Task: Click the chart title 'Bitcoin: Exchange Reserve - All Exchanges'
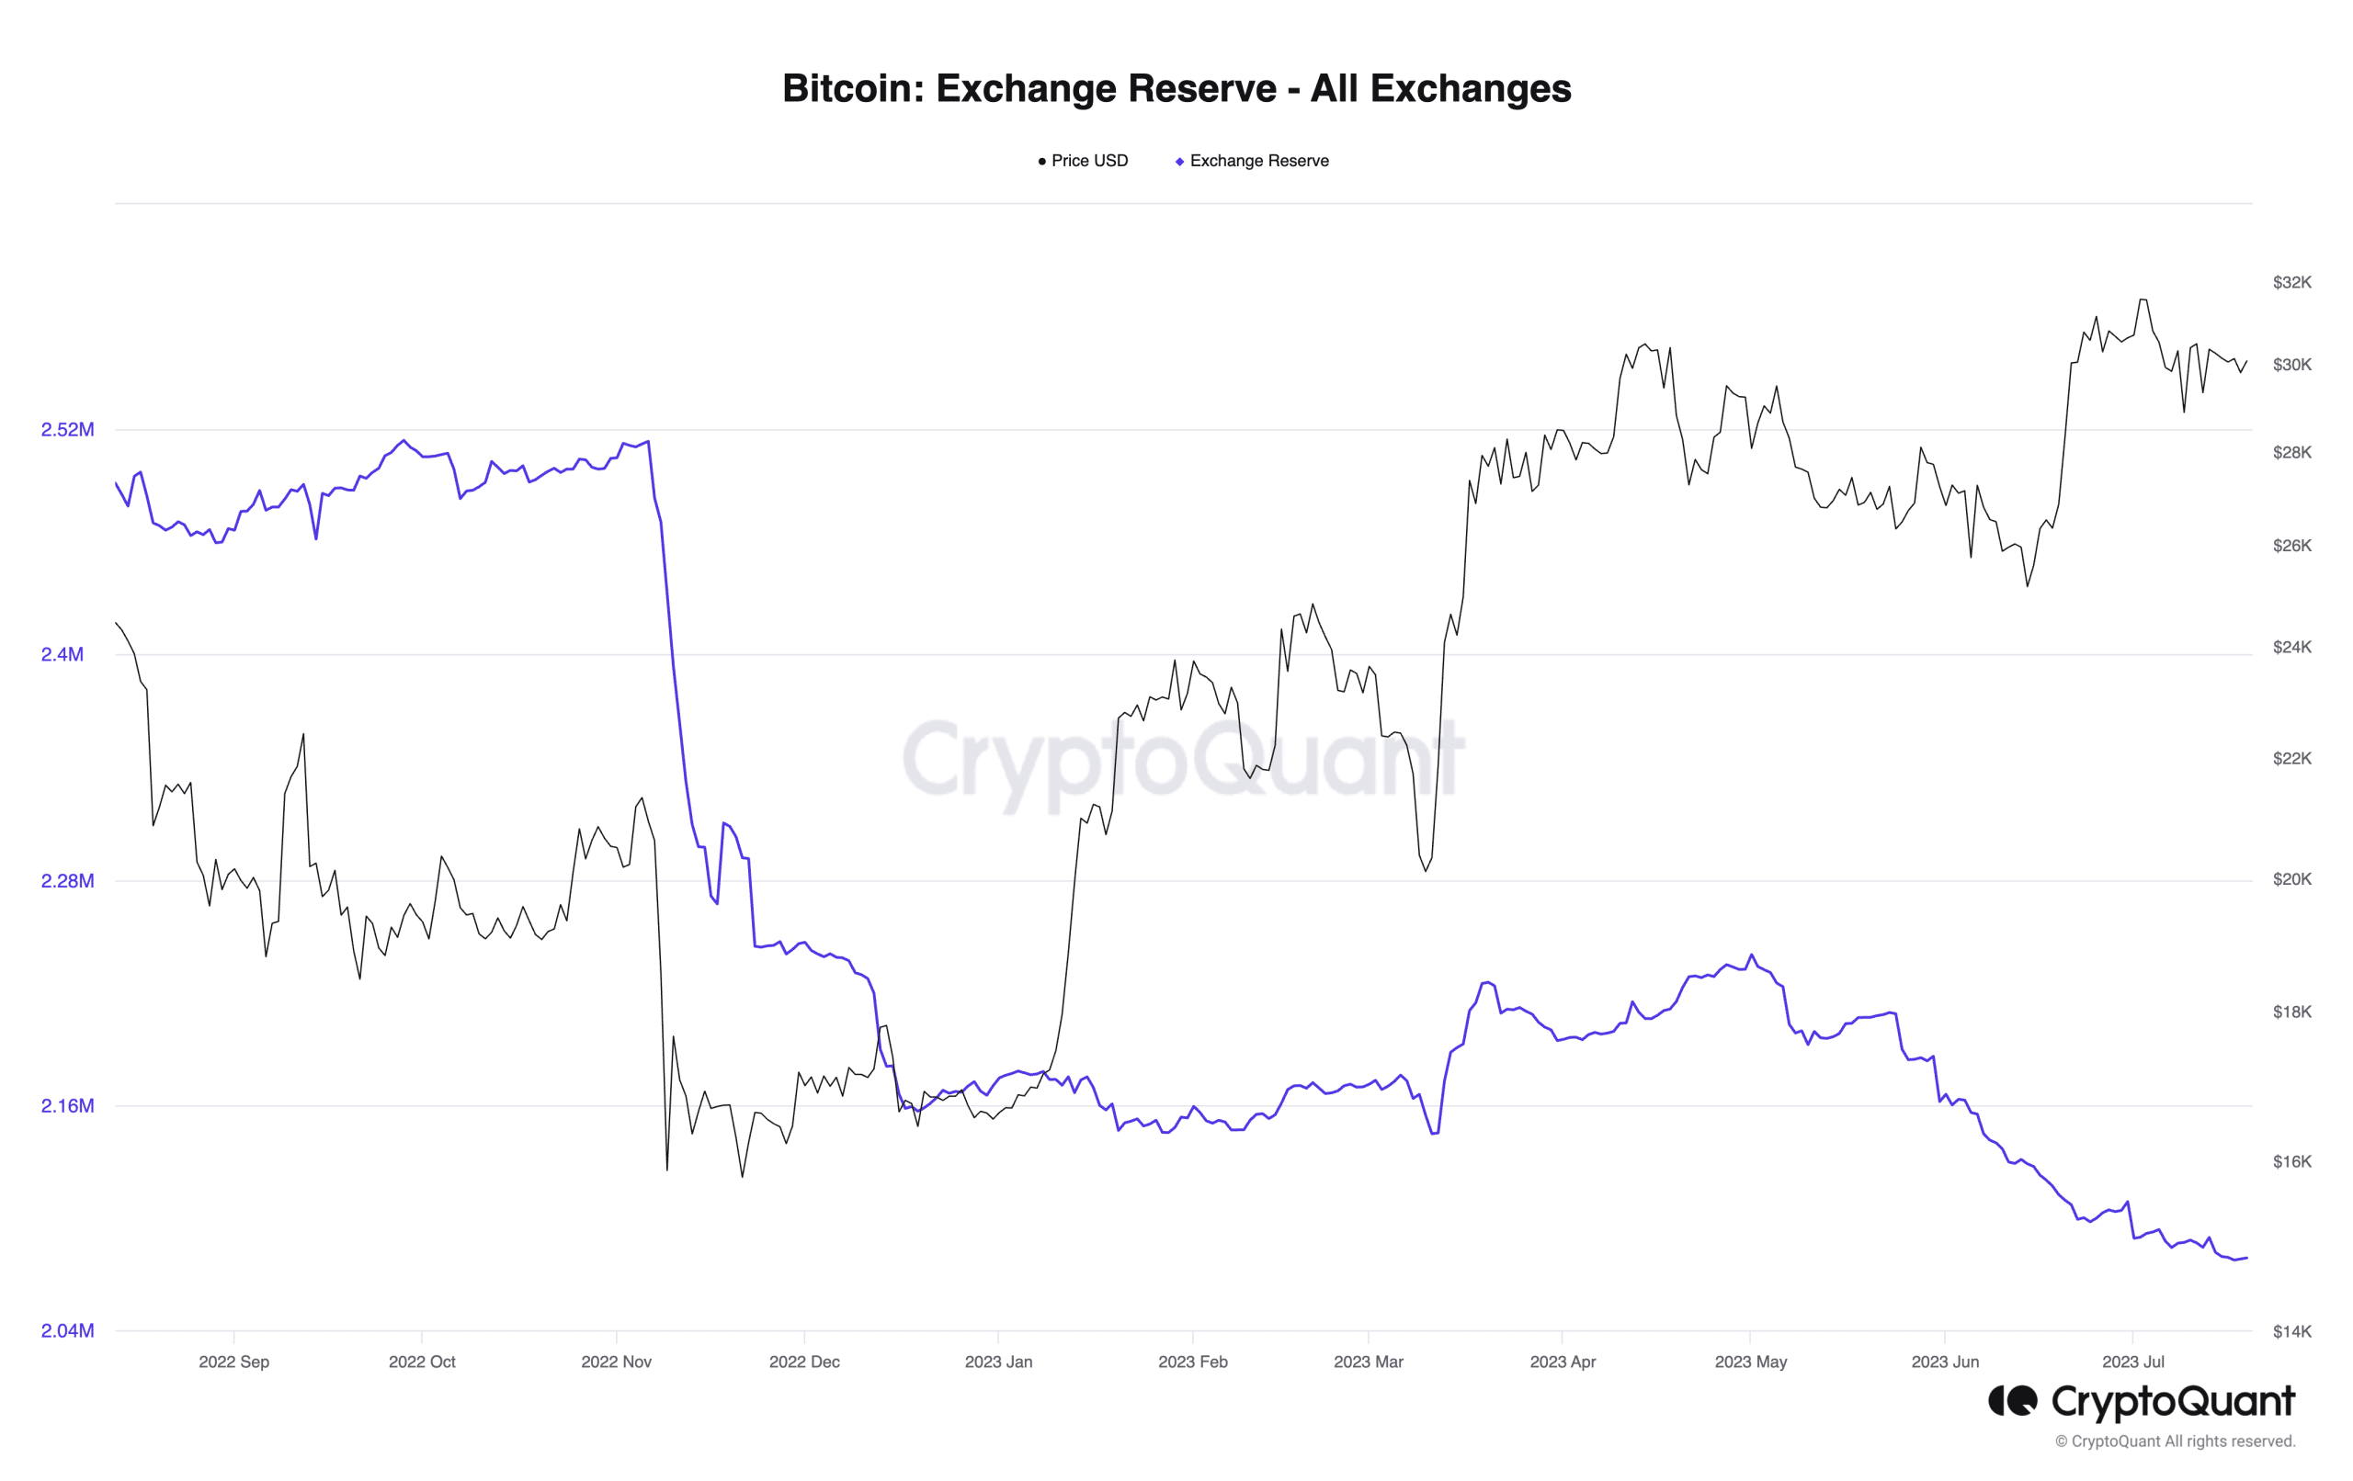coord(1176,88)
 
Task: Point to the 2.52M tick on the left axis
coord(67,430)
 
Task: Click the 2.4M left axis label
coord(63,654)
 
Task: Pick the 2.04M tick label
coord(67,1330)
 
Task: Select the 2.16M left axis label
coord(67,1106)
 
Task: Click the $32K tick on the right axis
coord(2291,282)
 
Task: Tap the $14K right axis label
coord(2291,1330)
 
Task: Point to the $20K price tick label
coord(2291,879)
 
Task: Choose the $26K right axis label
coord(2291,545)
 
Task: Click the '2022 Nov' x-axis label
coord(616,1362)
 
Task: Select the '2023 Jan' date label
coord(997,1362)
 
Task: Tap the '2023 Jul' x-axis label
coord(2132,1362)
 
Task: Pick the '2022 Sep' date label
coord(233,1362)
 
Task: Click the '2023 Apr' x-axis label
coord(1562,1362)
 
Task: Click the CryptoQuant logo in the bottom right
coord(2140,1402)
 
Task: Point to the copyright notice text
coord(2174,1441)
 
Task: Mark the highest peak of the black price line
coord(2142,300)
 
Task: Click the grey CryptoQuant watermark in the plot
coord(1182,760)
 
